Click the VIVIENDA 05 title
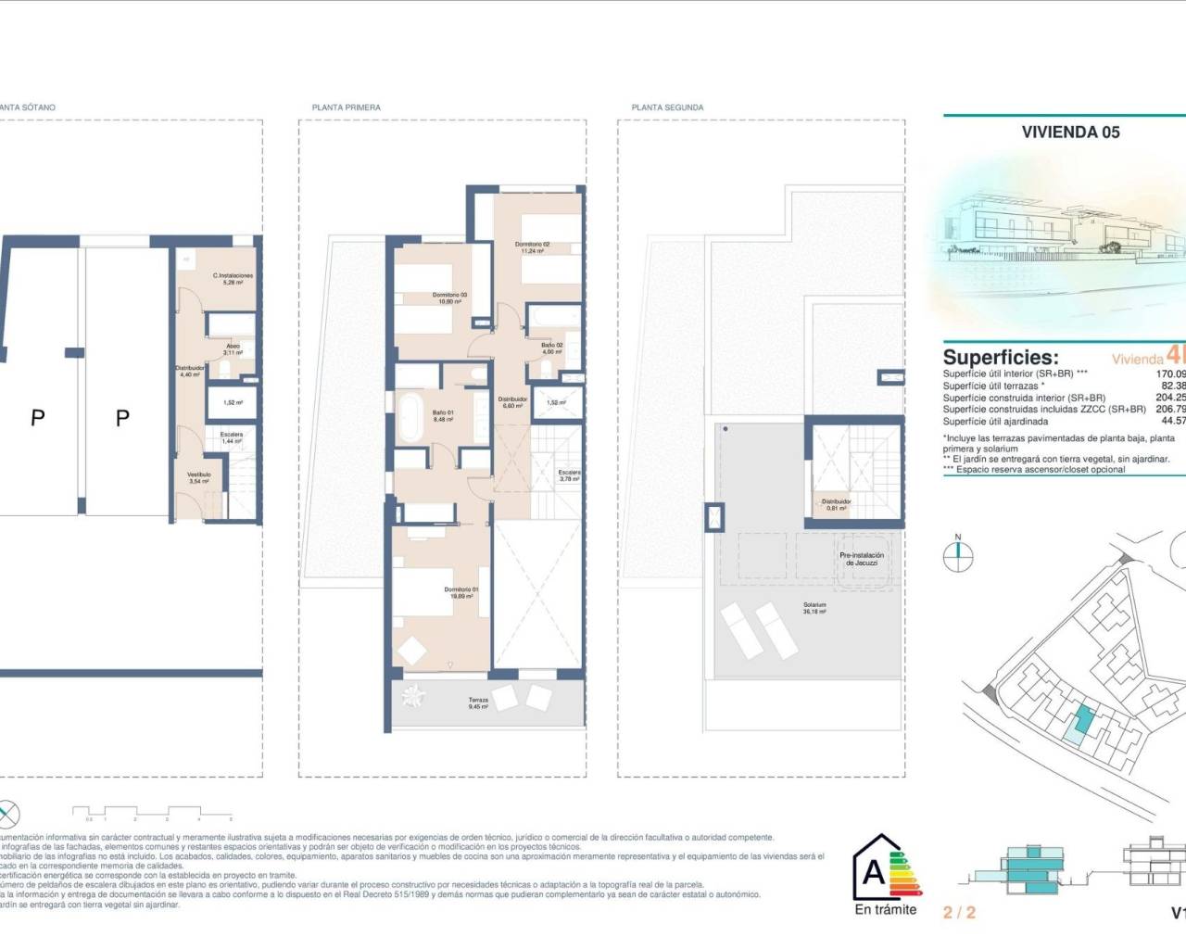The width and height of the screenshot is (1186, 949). tap(1070, 132)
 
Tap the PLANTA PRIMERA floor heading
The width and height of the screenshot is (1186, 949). tap(346, 108)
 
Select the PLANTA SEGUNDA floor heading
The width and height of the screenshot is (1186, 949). tap(667, 108)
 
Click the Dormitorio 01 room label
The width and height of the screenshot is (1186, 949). tap(461, 593)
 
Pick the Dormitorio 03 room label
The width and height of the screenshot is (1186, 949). tap(449, 298)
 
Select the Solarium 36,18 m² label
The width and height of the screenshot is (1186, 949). tap(814, 608)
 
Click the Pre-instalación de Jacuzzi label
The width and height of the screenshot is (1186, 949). tap(862, 559)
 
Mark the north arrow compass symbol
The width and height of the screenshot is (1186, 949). tap(958, 555)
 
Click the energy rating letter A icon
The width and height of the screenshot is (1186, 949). tap(874, 872)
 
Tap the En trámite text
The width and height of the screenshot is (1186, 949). tap(885, 909)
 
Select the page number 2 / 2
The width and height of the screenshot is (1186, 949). tap(959, 912)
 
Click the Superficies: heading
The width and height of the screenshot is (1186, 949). tap(1000, 357)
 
